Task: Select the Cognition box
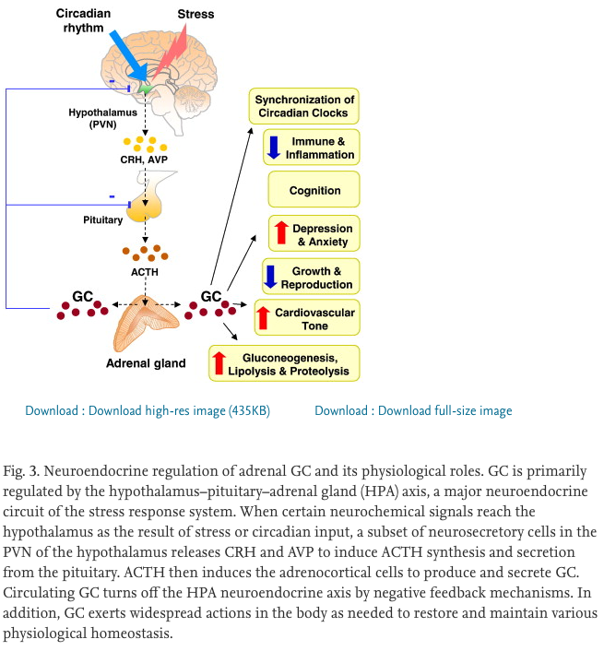point(314,191)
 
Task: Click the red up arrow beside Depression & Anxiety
point(281,233)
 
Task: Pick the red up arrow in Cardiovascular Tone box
point(263,318)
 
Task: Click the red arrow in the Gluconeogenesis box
point(219,362)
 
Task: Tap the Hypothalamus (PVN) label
point(93,116)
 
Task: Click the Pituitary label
point(102,220)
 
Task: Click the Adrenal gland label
point(145,363)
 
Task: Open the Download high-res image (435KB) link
point(148,410)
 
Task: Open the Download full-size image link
point(413,410)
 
